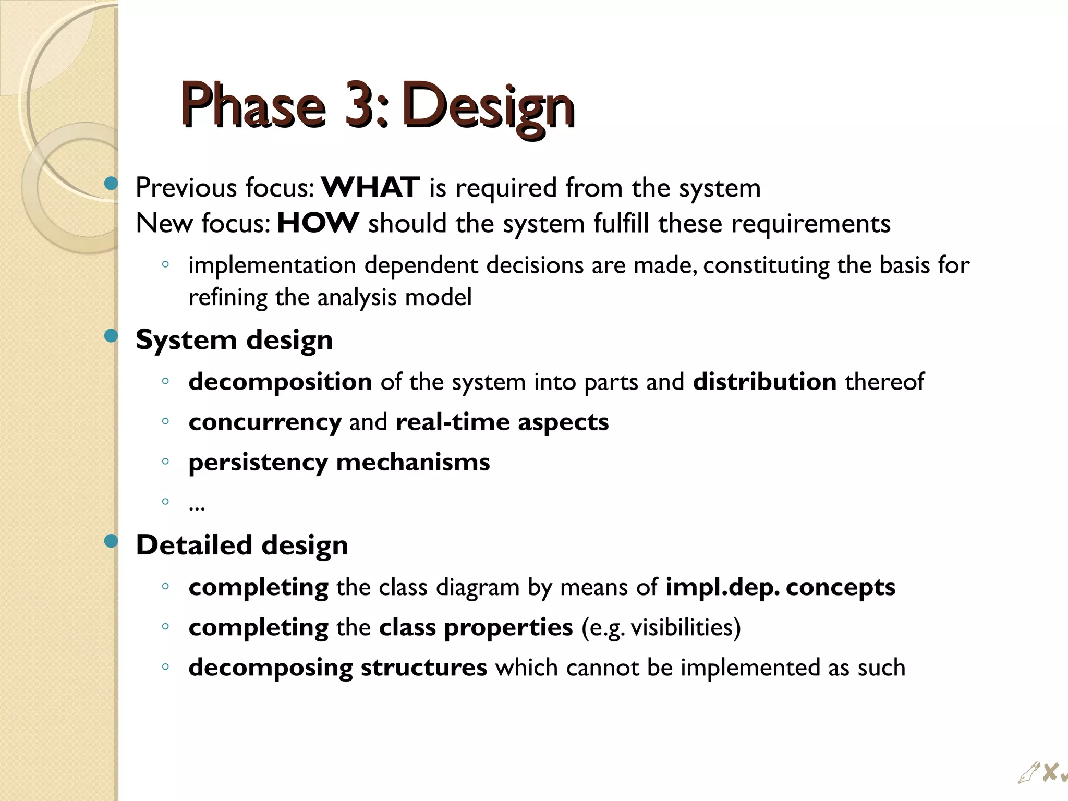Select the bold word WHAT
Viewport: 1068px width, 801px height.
tap(370, 187)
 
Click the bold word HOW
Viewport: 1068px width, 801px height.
tap(318, 223)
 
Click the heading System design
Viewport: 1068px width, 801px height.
tap(234, 340)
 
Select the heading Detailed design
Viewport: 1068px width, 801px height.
tap(242, 545)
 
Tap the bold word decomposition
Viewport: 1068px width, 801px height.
tap(280, 382)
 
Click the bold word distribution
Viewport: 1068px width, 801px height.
tap(764, 381)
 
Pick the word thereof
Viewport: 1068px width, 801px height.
tap(884, 381)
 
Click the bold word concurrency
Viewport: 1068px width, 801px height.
tap(265, 422)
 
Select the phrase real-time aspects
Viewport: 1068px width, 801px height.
tap(502, 422)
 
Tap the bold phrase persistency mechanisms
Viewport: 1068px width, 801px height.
tap(339, 462)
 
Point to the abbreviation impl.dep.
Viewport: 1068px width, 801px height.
tap(722, 587)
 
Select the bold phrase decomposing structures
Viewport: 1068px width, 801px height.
tap(338, 667)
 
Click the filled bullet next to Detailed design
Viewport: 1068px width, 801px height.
tap(111, 541)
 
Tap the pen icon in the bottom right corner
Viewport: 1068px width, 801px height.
tap(1028, 773)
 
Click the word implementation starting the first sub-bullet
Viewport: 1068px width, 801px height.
tap(272, 265)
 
